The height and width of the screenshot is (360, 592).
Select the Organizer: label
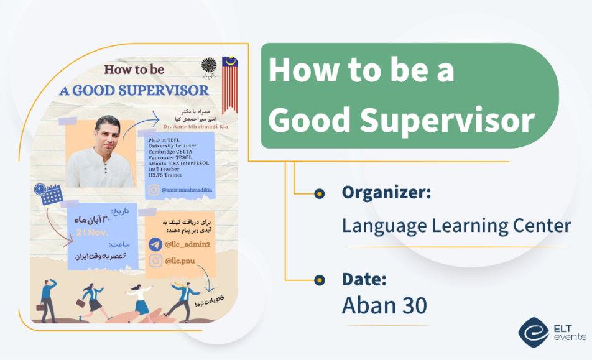click(386, 193)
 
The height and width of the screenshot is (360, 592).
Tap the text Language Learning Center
click(456, 224)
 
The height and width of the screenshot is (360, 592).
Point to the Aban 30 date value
click(384, 305)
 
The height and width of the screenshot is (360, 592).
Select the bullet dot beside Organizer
click(319, 193)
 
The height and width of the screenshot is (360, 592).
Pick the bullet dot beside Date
click(319, 280)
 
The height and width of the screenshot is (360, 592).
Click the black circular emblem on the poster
click(209, 66)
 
